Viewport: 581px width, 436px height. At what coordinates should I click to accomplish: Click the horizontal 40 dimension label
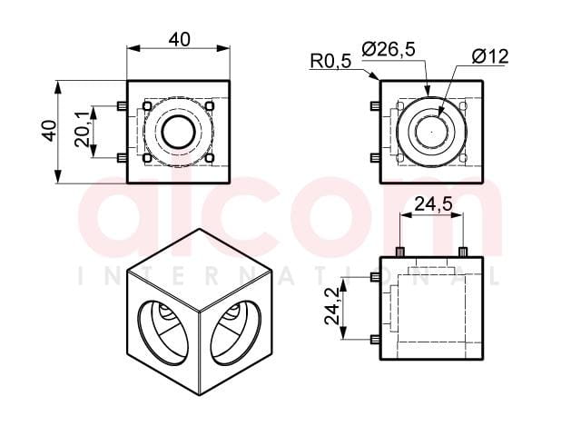(180, 39)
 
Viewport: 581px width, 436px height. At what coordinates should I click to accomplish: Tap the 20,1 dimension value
(82, 129)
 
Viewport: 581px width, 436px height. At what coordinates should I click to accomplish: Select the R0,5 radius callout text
(330, 61)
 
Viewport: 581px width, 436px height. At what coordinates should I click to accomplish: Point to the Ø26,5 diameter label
(389, 49)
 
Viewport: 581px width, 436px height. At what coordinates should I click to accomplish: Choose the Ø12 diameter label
(490, 56)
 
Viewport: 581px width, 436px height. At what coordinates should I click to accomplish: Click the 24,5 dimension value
(433, 203)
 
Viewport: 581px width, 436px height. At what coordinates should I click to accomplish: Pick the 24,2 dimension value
(331, 307)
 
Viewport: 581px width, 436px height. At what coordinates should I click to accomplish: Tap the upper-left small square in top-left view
(147, 106)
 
